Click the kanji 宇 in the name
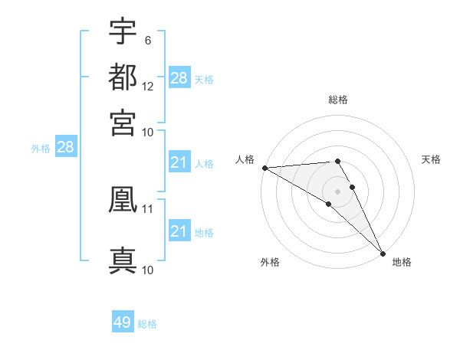coord(123,31)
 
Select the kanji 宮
coord(123,123)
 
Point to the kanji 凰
coord(123,198)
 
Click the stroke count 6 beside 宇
coord(147,40)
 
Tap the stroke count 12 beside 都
coord(148,86)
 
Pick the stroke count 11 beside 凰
coord(148,208)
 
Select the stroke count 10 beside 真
coord(148,270)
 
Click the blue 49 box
coord(123,322)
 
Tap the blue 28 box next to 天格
coord(179,77)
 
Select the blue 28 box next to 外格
coord(65,147)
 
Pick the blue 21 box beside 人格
coord(179,162)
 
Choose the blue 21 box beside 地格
coord(179,231)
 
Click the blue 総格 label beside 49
coord(147,324)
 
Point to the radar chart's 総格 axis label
coord(337,100)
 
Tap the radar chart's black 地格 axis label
coord(402,262)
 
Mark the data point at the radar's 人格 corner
coord(264,168)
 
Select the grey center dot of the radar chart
coord(337,191)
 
